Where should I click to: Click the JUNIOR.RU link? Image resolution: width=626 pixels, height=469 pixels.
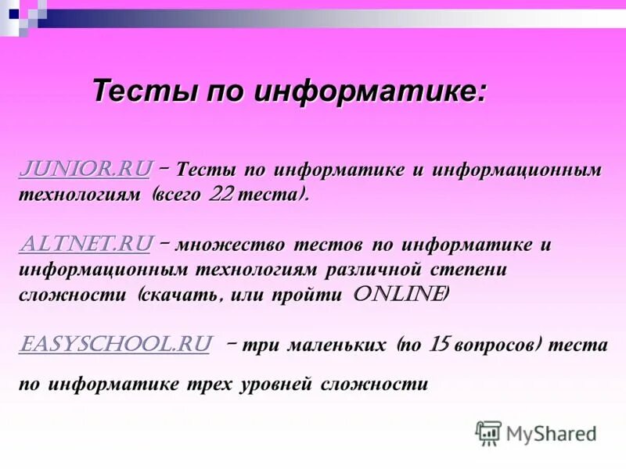pos(85,169)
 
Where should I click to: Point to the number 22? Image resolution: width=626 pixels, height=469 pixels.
pos(221,195)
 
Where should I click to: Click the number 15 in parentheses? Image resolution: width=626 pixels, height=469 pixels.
pos(437,345)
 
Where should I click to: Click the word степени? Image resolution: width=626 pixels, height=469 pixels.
pos(469,270)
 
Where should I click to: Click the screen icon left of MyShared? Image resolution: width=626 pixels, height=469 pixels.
pos(488,433)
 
